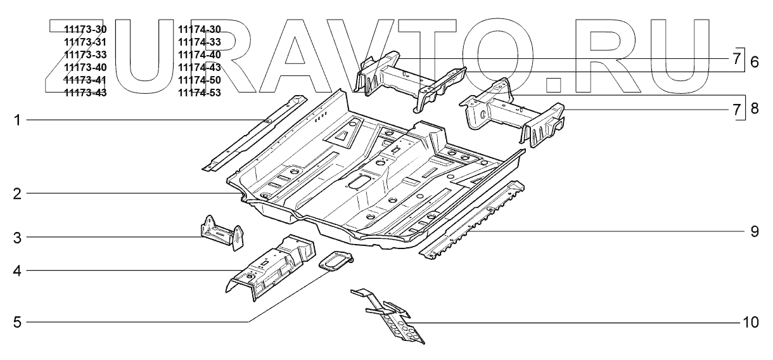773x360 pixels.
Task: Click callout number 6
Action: click(x=754, y=61)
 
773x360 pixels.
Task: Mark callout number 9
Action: click(x=754, y=231)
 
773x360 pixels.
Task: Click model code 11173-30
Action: click(x=85, y=30)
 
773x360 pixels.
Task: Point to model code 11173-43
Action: click(x=85, y=93)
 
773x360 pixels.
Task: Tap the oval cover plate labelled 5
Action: click(x=335, y=262)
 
